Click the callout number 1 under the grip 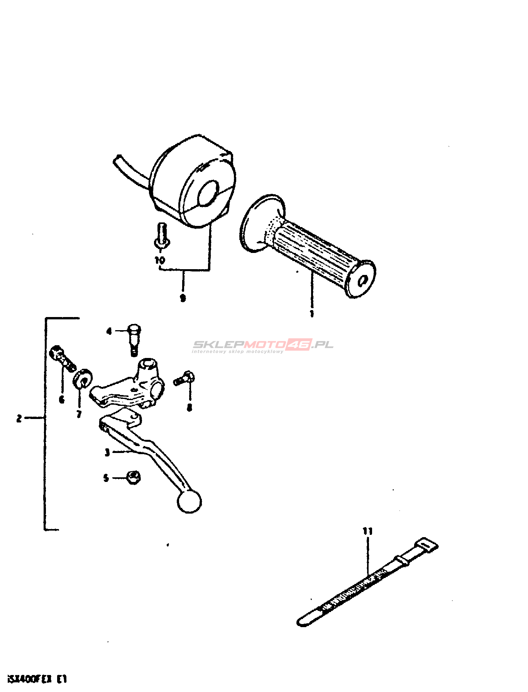pyautogui.click(x=312, y=313)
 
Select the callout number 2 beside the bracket pyautogui.click(x=19, y=418)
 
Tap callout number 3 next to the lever pyautogui.click(x=107, y=452)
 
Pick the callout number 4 pyautogui.click(x=109, y=331)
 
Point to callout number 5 pyautogui.click(x=106, y=478)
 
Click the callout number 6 pyautogui.click(x=62, y=400)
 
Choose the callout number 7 pyautogui.click(x=79, y=414)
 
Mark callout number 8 pyautogui.click(x=189, y=407)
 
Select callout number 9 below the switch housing pyautogui.click(x=183, y=298)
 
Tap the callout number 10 pyautogui.click(x=160, y=260)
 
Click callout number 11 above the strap pyautogui.click(x=367, y=531)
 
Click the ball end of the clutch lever pyautogui.click(x=189, y=502)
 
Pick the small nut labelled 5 pyautogui.click(x=134, y=478)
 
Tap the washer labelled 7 pyautogui.click(x=82, y=379)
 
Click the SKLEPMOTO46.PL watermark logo pyautogui.click(x=262, y=345)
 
